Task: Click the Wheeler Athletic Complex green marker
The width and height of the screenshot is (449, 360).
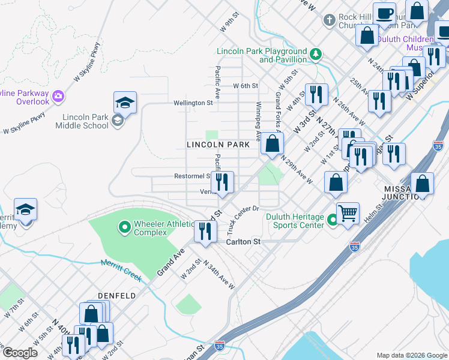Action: click(x=125, y=227)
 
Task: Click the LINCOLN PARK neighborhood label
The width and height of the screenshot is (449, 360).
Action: click(x=217, y=145)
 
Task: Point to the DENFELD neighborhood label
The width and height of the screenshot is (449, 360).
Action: click(x=115, y=296)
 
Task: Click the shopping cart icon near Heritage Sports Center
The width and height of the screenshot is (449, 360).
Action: click(x=347, y=213)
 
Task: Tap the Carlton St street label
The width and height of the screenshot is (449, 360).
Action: click(x=243, y=241)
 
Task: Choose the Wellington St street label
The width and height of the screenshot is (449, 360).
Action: click(x=193, y=103)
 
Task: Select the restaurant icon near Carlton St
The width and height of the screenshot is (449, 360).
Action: click(x=205, y=232)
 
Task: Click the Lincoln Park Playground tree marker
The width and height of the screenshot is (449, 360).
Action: click(x=316, y=56)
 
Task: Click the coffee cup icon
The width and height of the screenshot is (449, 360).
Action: click(x=384, y=14)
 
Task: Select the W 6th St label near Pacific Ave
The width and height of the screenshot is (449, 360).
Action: click(x=246, y=86)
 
